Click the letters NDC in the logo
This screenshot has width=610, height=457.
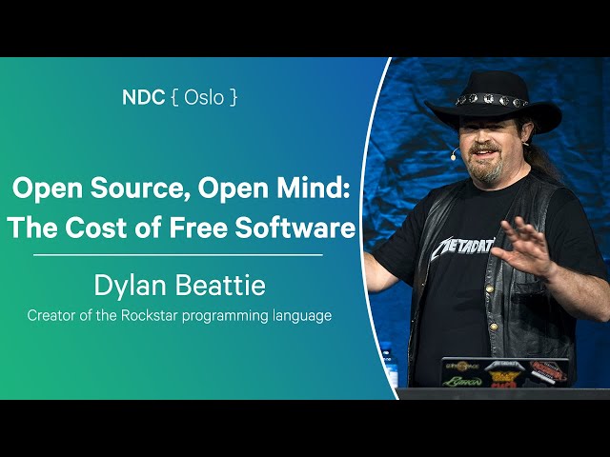click(x=143, y=97)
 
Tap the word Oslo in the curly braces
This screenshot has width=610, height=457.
click(x=204, y=97)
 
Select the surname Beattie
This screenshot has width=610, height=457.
click(x=220, y=285)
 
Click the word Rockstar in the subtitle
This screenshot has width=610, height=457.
click(x=150, y=315)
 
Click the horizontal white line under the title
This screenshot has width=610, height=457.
click(x=178, y=255)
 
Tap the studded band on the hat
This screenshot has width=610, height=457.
click(x=492, y=100)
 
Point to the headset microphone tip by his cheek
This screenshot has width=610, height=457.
click(x=454, y=156)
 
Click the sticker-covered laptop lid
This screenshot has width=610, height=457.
click(x=505, y=373)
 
